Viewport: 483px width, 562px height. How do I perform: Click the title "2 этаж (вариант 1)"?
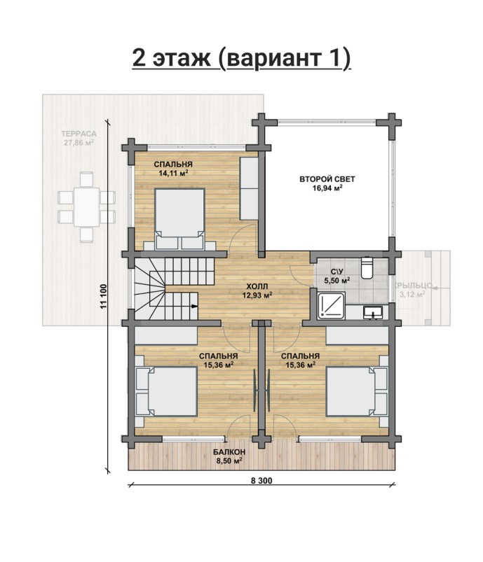[241, 57]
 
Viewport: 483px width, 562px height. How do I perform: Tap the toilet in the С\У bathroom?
[367, 267]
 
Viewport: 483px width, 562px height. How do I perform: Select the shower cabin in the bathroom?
[332, 305]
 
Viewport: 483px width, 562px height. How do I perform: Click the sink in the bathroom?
[373, 312]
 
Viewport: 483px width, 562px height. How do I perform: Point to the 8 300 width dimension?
[261, 481]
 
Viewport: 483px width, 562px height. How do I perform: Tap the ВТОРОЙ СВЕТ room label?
[327, 179]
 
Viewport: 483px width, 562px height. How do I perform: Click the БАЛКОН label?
[229, 451]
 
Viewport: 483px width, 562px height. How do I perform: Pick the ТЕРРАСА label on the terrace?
[79, 134]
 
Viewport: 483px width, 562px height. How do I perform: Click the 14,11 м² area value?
[173, 173]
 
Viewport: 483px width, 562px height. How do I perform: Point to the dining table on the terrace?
[86, 206]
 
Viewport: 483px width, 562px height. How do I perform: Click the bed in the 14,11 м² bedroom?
[179, 219]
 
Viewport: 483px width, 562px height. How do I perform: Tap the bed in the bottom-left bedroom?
[166, 391]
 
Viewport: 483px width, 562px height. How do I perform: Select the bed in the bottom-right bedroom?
[357, 391]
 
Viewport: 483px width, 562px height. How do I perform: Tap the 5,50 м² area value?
[337, 281]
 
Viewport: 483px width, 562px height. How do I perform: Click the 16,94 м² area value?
[327, 188]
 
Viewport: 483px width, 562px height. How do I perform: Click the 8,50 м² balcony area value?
[229, 461]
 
